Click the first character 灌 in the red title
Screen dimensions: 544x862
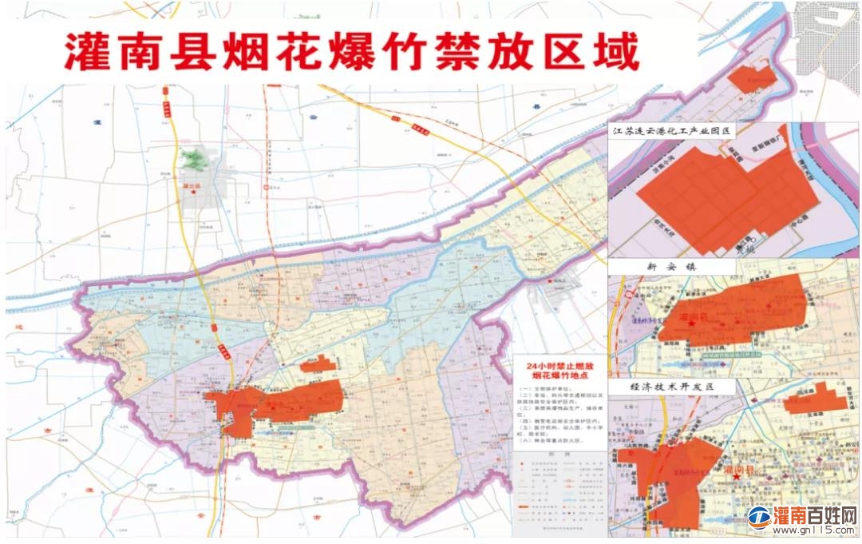pyautogui.click(x=87, y=53)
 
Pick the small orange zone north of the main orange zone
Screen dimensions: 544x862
pyautogui.click(x=318, y=364)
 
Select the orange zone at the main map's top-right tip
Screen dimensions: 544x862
pyautogui.click(x=751, y=77)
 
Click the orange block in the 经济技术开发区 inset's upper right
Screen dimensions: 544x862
pyautogui.click(x=814, y=397)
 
